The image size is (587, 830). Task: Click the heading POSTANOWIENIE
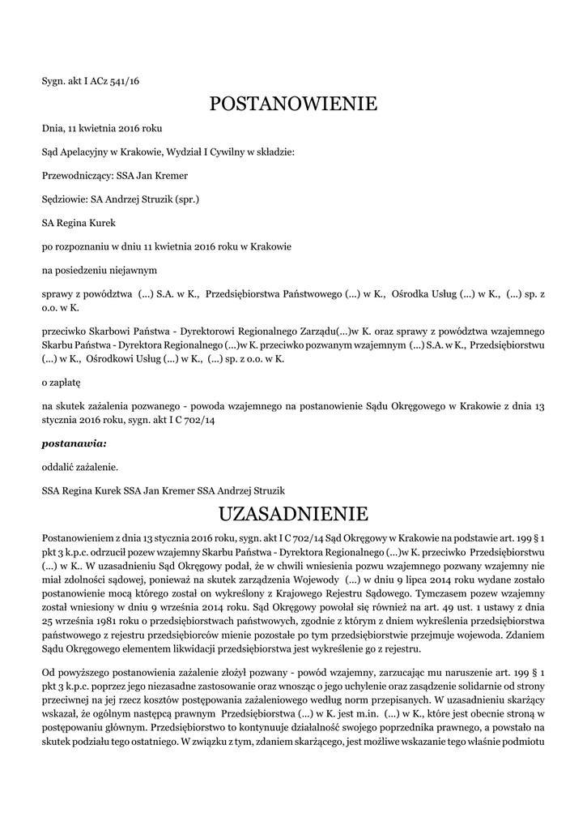click(293, 104)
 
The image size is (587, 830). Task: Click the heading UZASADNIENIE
click(293, 514)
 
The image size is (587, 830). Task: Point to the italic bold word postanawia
click(74, 444)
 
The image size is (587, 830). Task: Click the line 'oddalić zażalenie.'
click(80, 467)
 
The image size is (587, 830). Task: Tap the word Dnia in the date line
click(53, 128)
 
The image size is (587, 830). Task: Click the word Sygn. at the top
click(54, 80)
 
